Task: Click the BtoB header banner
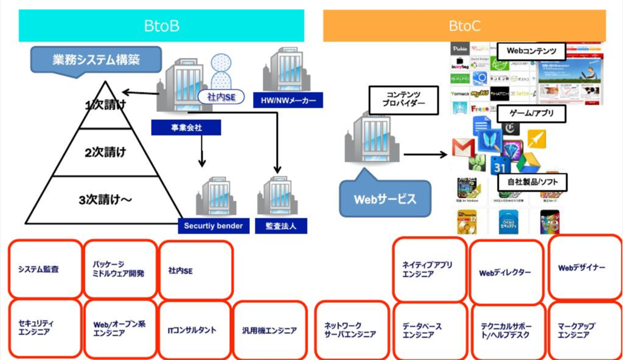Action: point(161,26)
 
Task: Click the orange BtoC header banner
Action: point(464,26)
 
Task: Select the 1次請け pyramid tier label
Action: point(106,105)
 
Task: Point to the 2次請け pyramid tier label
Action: point(105,152)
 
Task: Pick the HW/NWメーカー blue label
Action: point(288,100)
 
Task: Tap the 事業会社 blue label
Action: point(186,128)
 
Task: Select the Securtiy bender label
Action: point(214,226)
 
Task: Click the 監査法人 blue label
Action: point(281,226)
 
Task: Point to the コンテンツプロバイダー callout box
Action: point(403,99)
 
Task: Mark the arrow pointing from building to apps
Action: point(425,154)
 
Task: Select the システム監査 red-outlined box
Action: point(45,268)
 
